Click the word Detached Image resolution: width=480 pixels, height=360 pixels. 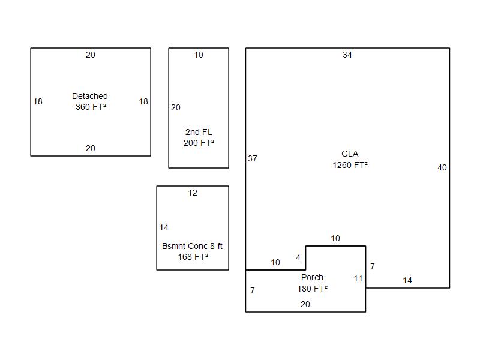tap(90, 96)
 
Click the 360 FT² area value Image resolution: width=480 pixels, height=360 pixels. tap(91, 107)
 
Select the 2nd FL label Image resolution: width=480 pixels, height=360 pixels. tap(199, 132)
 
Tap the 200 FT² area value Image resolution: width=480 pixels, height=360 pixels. tap(199, 143)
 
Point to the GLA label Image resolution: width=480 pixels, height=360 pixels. tap(350, 154)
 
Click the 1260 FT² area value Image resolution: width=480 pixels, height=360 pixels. tap(350, 165)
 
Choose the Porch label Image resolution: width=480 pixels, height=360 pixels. tap(312, 277)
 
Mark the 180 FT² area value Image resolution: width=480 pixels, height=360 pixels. tap(312, 289)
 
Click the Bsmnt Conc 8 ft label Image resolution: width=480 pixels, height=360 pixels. tap(192, 246)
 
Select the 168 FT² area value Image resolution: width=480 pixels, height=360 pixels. tap(193, 257)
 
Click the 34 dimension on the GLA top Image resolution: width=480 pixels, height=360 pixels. tap(347, 55)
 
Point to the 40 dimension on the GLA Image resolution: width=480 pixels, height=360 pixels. tap(442, 167)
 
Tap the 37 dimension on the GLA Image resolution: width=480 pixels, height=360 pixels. tap(253, 158)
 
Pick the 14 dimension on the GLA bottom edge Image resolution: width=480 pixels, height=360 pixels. tap(407, 280)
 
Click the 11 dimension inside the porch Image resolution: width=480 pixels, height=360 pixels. tap(358, 278)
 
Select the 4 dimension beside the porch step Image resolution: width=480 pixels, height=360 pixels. tap(298, 257)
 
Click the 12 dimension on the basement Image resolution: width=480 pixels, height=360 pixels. tap(193, 193)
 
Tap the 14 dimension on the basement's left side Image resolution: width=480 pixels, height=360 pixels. tap(164, 227)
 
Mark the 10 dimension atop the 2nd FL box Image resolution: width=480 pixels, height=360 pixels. tap(199, 55)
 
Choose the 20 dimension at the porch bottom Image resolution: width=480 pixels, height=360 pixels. tap(305, 304)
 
